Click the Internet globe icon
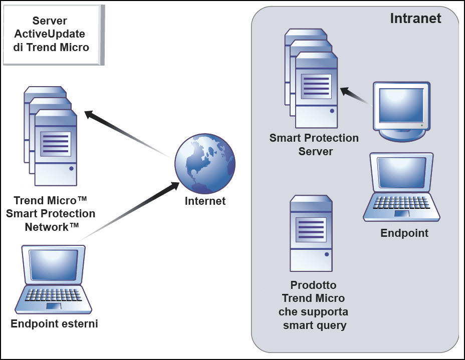click(x=204, y=164)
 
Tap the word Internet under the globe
click(x=205, y=201)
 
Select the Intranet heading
click(x=415, y=19)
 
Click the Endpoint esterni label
click(x=54, y=324)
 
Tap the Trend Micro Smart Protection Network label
click(x=51, y=214)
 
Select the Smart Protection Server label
click(x=314, y=144)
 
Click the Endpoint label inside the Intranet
click(x=404, y=233)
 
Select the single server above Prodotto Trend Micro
click(x=311, y=233)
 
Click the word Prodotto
click(x=313, y=285)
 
